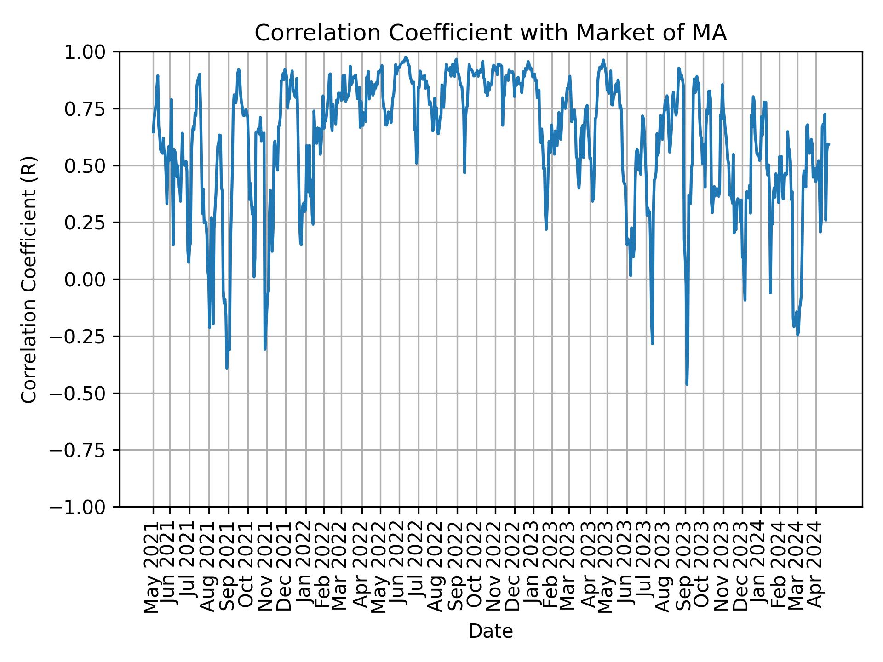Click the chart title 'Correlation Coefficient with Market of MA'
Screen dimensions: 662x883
click(491, 33)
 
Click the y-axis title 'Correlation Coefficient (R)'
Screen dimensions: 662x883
click(29, 279)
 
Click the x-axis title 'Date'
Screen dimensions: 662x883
click(491, 632)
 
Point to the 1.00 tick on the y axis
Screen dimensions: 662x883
click(91, 52)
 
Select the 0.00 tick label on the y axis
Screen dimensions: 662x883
click(91, 280)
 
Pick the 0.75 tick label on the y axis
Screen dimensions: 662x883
click(91, 109)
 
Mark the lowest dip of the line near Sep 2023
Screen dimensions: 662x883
click(687, 384)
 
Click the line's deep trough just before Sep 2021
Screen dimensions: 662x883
click(227, 368)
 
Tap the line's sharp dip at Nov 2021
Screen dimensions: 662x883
click(265, 349)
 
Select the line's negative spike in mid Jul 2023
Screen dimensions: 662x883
click(652, 343)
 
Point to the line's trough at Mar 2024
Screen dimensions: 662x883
click(797, 334)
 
